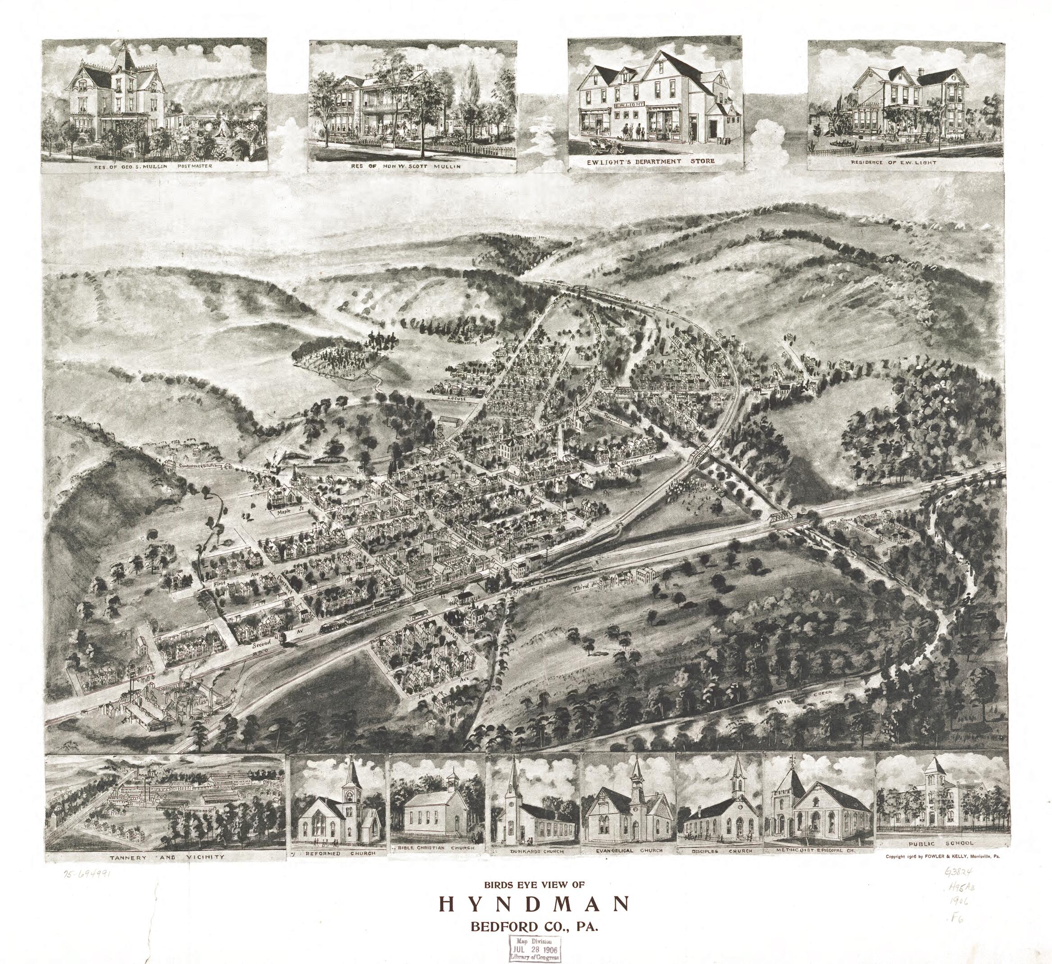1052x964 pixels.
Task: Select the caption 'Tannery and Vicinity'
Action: pyautogui.click(x=167, y=856)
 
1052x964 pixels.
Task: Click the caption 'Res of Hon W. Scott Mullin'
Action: pyautogui.click(x=412, y=167)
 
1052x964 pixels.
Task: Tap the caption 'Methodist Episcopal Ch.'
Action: pyautogui.click(x=818, y=850)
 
